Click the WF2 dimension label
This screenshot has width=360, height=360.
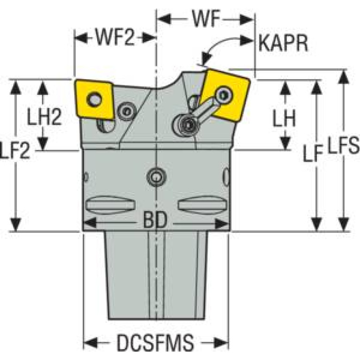tap(115, 38)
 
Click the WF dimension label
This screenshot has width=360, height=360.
tap(206, 19)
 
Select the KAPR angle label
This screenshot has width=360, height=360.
tap(283, 45)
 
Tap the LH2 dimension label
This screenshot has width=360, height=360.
tap(44, 117)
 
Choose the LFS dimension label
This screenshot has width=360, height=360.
tap(344, 147)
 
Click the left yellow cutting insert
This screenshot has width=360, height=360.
tap(94, 99)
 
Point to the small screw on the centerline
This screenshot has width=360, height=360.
tap(155, 177)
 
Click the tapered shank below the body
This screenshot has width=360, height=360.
tap(155, 277)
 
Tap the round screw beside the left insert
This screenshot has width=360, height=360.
tap(126, 111)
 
